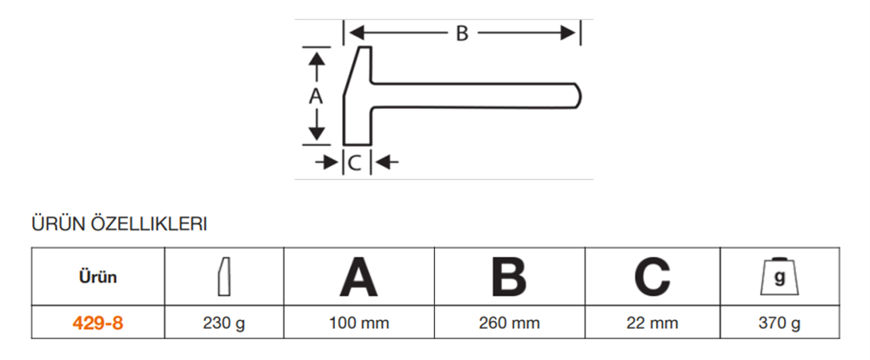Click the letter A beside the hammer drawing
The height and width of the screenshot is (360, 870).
pos(317,97)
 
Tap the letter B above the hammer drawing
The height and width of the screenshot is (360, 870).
pos(462,33)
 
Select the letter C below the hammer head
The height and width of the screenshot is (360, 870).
pos(355,161)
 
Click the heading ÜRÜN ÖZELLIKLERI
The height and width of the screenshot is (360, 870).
pos(118,225)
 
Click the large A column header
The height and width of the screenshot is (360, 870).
pos(358,277)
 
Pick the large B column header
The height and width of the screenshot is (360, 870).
pos(509,277)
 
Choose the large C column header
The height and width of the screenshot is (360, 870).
pos(652,277)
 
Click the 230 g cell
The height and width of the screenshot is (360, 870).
pos(224,323)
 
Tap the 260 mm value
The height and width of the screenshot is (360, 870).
pos(509,323)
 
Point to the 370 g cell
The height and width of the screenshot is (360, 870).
pos(780,323)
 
